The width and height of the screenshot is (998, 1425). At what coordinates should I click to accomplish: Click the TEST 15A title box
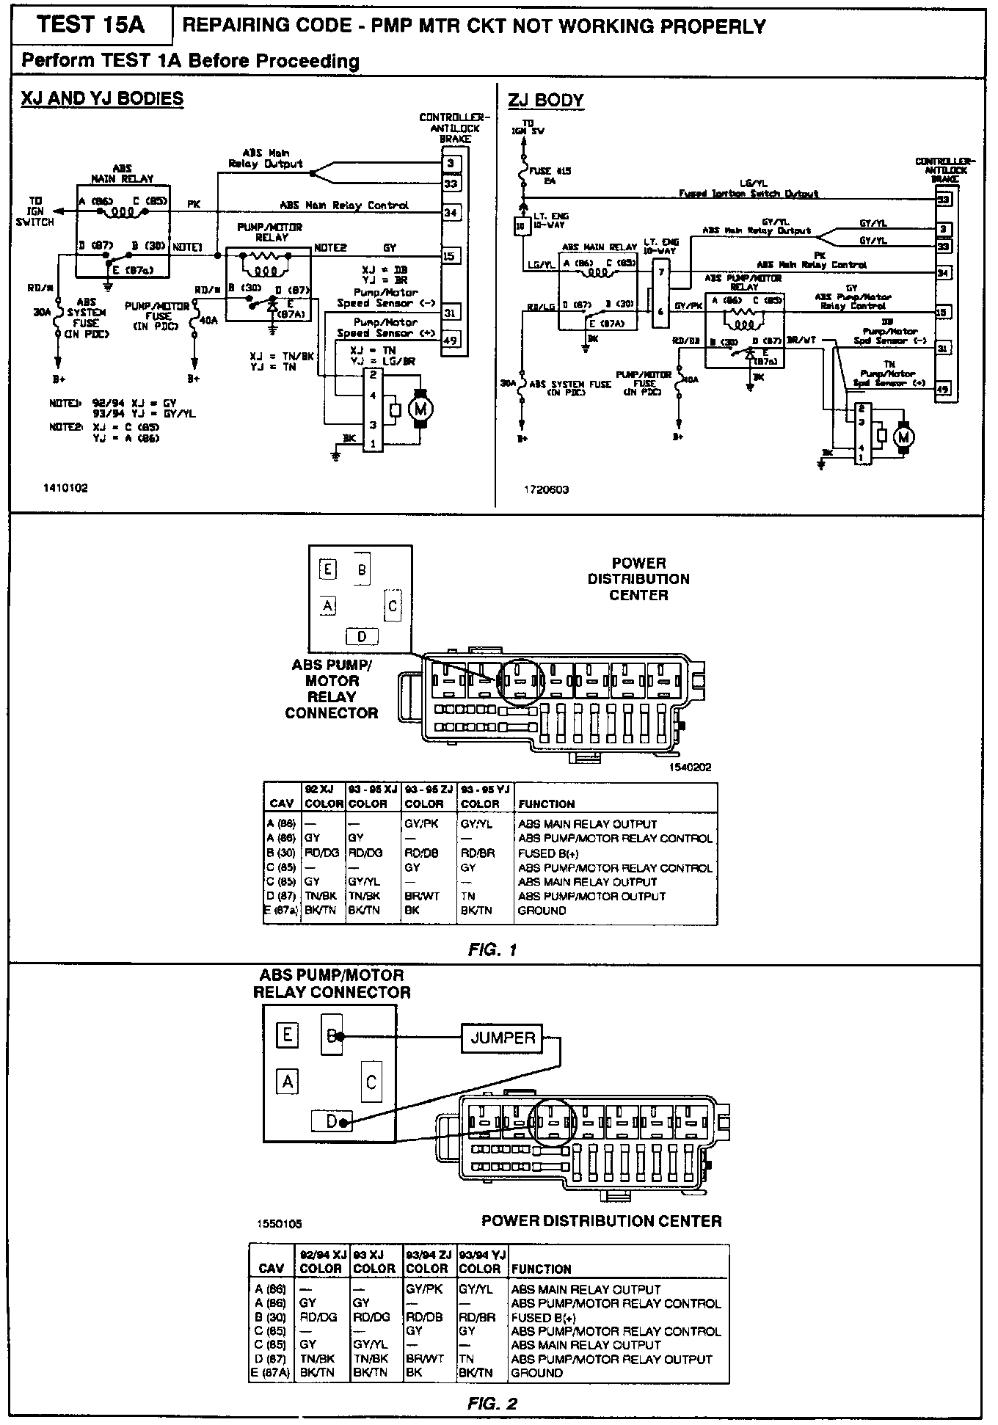[x=91, y=26]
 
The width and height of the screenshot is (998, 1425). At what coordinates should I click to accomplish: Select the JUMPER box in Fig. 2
[x=503, y=1037]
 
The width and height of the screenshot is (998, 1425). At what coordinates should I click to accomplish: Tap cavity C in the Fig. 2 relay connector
[x=371, y=1082]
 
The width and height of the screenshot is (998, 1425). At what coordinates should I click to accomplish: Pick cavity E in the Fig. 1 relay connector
[x=327, y=569]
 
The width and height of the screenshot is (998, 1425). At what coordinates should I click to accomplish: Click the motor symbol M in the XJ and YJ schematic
[x=420, y=409]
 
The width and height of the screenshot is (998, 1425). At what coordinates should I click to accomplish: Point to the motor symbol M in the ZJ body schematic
[x=903, y=437]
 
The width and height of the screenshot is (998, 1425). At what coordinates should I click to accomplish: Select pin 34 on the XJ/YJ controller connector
[x=450, y=212]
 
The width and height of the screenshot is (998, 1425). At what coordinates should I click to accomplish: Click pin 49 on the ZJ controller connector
[x=943, y=390]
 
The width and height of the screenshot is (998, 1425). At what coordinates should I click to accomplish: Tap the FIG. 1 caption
[x=492, y=950]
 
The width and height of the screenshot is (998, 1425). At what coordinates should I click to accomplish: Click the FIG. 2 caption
[x=492, y=1404]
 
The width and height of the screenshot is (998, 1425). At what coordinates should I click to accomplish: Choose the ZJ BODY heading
[x=545, y=101]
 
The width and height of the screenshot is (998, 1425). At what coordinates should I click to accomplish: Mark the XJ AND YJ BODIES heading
[x=102, y=99]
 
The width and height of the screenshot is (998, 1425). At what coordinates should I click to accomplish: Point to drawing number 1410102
[x=65, y=488]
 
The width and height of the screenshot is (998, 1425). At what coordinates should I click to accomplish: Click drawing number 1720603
[x=546, y=489]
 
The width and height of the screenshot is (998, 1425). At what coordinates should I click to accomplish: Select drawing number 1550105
[x=279, y=1224]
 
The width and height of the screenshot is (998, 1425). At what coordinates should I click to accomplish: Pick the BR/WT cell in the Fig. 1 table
[x=419, y=896]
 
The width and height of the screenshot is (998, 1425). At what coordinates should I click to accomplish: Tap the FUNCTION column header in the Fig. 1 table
[x=546, y=803]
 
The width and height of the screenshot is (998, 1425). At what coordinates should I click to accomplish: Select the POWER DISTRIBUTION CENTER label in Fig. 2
[x=601, y=1221]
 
